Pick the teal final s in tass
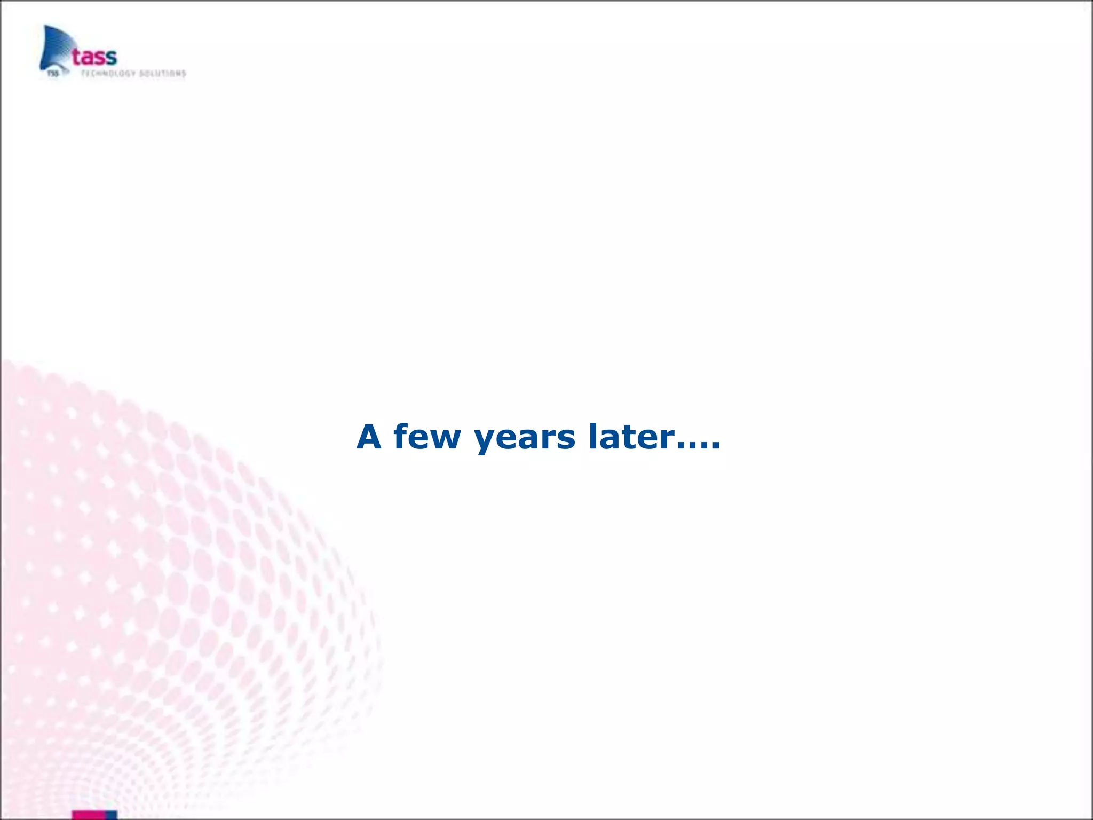(110, 57)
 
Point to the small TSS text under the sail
(52, 74)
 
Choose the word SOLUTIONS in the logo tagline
(162, 74)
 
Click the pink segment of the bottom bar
(89, 815)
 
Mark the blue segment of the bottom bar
(112, 815)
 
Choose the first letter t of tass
(77, 56)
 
